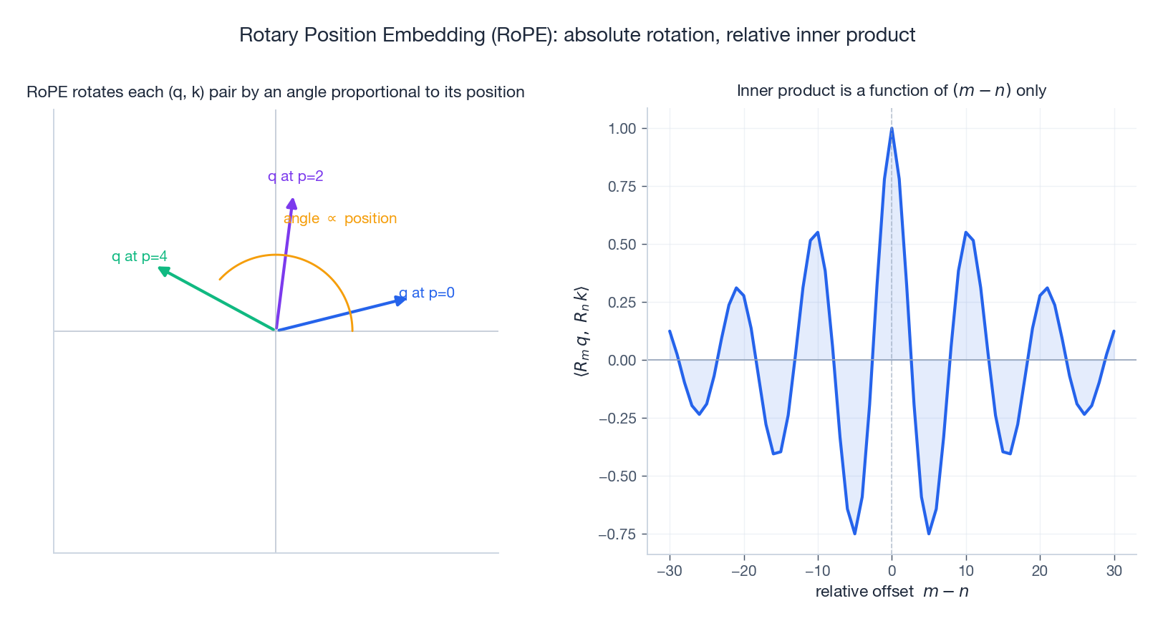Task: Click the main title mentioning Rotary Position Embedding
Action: pos(577,35)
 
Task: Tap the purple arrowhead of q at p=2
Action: pos(291,204)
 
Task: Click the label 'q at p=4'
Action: pos(140,256)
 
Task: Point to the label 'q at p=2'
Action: pos(296,176)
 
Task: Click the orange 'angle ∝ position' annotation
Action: pos(340,218)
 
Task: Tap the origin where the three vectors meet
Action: pos(276,331)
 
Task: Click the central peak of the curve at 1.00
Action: pos(892,129)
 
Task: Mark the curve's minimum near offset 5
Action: pos(929,534)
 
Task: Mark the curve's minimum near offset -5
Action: pos(854,534)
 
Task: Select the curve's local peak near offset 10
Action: pos(966,233)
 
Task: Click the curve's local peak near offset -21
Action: pos(736,288)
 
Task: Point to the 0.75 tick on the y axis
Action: pos(622,187)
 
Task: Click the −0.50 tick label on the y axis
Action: pos(617,476)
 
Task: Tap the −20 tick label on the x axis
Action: pos(743,571)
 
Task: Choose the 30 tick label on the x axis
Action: pos(1114,571)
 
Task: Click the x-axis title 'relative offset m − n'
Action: pos(892,592)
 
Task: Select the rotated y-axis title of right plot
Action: pos(581,331)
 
